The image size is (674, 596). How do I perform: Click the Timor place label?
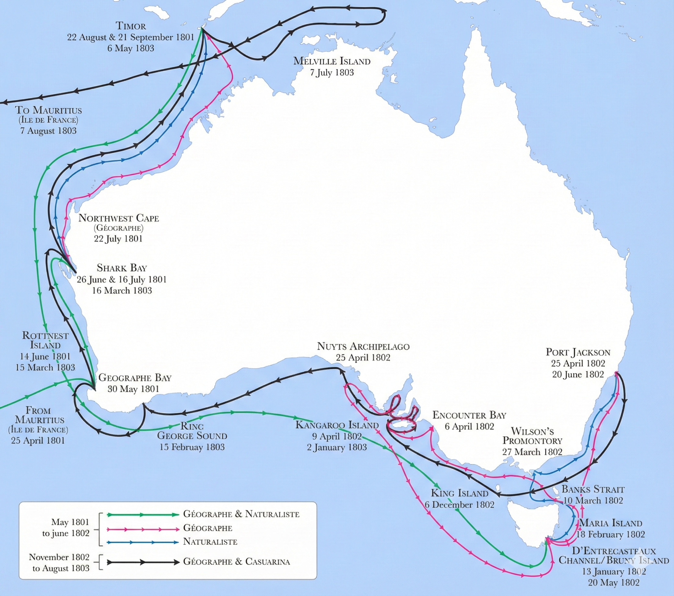point(131,26)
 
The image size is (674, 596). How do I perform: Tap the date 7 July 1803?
point(332,73)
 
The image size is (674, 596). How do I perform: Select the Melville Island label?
point(332,61)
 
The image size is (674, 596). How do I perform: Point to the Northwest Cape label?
point(119,218)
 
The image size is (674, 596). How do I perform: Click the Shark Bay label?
point(122,268)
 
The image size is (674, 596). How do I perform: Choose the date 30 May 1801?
point(133,389)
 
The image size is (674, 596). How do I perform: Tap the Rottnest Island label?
point(45,340)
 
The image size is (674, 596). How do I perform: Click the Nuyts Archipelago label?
point(363,346)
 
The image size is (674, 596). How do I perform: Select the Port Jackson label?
point(578,352)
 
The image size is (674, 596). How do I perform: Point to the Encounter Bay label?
point(469,415)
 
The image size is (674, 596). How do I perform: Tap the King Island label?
point(459,493)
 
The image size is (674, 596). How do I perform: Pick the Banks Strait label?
point(593,489)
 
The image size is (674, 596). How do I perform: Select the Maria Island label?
point(611,523)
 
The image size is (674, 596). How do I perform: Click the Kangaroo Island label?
point(337,425)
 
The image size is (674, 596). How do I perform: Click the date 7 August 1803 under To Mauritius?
point(48,131)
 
